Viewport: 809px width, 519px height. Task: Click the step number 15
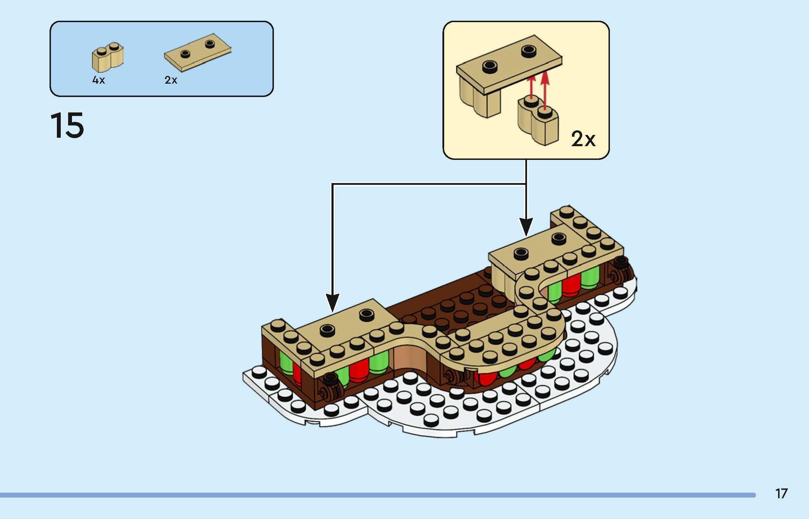(67, 125)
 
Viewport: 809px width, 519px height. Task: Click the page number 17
(782, 494)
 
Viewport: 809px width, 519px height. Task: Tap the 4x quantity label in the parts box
(98, 80)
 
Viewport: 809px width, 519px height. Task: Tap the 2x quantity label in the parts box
(171, 80)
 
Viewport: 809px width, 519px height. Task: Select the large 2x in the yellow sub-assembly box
(583, 139)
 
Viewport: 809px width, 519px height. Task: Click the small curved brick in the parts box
(108, 58)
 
